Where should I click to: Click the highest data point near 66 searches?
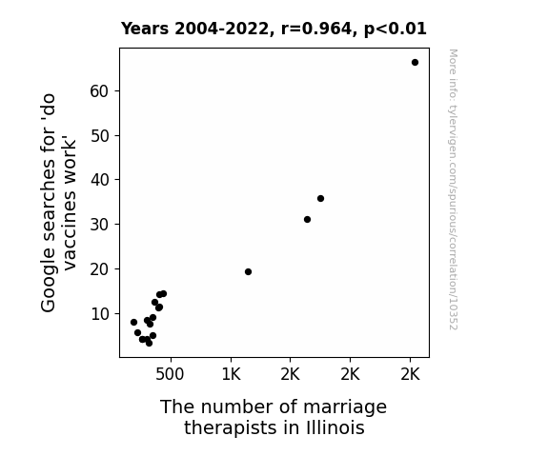[x=415, y=63]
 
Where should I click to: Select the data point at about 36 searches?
[x=320, y=198]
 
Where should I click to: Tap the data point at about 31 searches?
[x=307, y=219]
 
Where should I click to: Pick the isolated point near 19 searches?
[x=248, y=271]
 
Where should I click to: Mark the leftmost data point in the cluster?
[x=133, y=322]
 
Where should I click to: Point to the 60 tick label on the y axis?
[x=100, y=91]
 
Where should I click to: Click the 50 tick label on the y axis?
[x=100, y=136]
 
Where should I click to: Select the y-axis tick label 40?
[x=100, y=180]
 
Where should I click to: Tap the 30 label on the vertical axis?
[x=100, y=225]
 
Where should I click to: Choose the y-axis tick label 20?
[x=100, y=269]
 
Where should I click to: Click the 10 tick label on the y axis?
[x=100, y=314]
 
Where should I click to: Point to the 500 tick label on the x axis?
[x=170, y=374]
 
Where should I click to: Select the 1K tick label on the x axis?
[x=231, y=374]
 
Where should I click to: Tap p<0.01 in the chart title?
[x=396, y=30]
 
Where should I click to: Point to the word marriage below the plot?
[x=345, y=407]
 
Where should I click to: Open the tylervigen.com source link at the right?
[x=453, y=189]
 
